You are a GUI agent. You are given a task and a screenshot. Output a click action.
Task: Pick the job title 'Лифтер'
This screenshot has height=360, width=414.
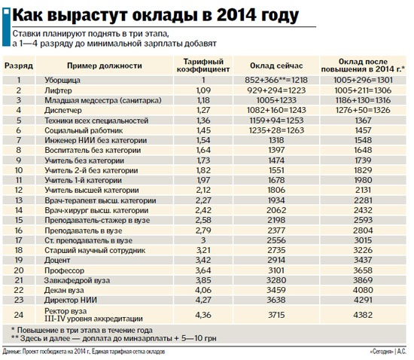[x=60, y=90]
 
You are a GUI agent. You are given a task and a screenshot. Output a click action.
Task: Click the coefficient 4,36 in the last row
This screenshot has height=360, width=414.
[x=202, y=313]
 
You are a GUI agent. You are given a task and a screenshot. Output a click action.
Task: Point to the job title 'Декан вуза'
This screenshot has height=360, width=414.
[x=67, y=288]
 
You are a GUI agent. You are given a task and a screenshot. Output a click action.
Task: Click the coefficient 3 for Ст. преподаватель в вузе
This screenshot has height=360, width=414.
[x=202, y=239]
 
